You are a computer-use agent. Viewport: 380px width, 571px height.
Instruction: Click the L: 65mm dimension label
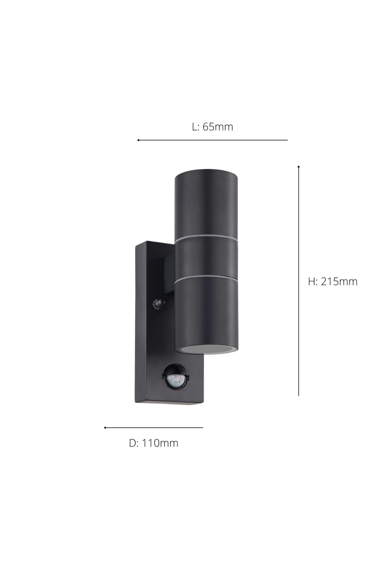212,127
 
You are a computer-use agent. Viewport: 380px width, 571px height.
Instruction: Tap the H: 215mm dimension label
333,281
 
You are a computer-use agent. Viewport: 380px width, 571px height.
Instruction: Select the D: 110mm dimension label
154,443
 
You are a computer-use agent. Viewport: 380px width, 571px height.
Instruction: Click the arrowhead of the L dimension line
138,140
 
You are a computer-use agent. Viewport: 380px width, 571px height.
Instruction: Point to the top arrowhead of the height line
299,166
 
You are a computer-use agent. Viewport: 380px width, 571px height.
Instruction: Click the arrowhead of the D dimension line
105,428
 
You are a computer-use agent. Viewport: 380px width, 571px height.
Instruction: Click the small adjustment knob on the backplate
158,304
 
